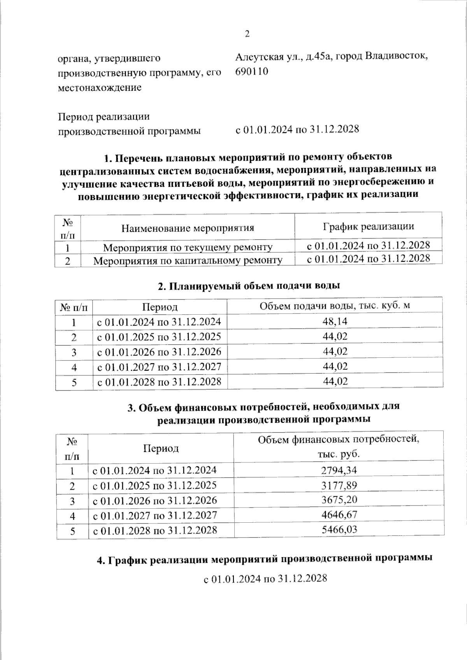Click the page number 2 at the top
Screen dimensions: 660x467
(x=247, y=34)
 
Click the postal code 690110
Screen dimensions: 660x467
(x=251, y=72)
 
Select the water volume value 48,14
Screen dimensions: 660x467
(x=335, y=321)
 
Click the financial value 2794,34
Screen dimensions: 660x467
(x=339, y=470)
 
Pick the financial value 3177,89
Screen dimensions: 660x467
(x=339, y=485)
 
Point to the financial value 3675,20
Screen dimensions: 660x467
(x=339, y=500)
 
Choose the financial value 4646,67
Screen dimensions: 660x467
(x=339, y=515)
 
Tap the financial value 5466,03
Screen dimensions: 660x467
(x=339, y=529)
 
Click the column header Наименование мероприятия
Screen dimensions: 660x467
(x=188, y=228)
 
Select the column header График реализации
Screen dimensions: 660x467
(x=368, y=226)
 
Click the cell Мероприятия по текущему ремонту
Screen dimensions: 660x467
(x=188, y=247)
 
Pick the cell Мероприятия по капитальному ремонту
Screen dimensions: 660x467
(x=188, y=260)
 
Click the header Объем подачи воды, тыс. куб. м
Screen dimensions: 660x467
(x=335, y=306)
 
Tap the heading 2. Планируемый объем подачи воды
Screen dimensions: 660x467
(x=249, y=286)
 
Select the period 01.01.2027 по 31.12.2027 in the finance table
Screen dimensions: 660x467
(x=154, y=515)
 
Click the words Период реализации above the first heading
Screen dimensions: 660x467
(x=104, y=117)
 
